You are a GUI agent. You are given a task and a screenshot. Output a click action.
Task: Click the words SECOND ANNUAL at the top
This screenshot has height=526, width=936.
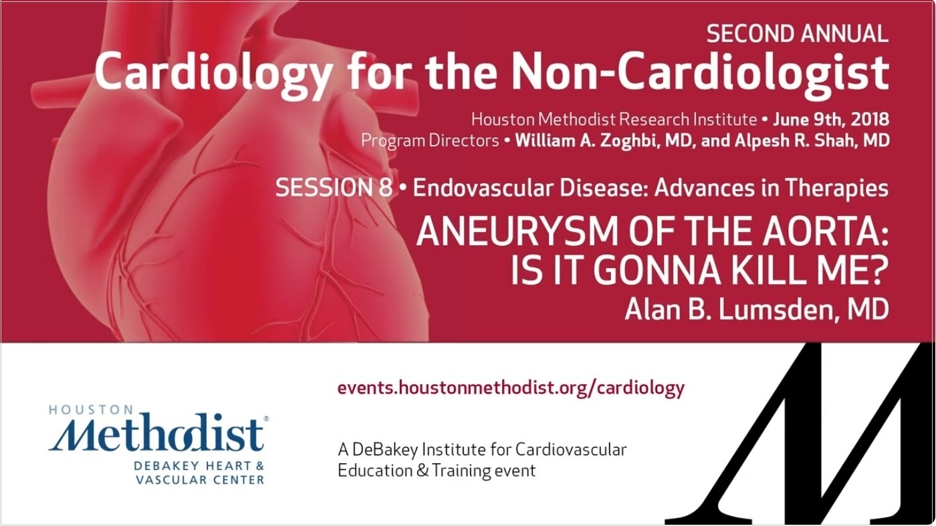[797, 34]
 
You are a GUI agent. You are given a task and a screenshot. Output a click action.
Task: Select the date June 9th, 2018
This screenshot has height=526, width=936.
[830, 120]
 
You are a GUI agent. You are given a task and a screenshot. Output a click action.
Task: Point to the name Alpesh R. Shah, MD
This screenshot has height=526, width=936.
[812, 141]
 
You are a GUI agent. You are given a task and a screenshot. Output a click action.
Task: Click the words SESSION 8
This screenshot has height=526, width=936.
[334, 188]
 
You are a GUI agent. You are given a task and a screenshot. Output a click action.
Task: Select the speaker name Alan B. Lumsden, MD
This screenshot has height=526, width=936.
[757, 309]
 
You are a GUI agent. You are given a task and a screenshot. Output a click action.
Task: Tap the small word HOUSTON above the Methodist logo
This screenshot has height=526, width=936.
[91, 410]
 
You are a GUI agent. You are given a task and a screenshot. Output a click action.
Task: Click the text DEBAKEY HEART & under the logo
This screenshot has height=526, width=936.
[199, 466]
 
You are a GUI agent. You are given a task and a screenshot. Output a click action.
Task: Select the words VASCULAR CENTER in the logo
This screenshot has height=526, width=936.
[200, 480]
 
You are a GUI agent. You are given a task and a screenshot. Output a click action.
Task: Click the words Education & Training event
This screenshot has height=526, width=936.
[437, 471]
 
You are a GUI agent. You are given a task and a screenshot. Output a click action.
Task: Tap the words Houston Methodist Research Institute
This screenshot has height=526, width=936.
[614, 120]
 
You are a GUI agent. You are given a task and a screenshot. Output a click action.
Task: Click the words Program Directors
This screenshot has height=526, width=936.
[430, 141]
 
